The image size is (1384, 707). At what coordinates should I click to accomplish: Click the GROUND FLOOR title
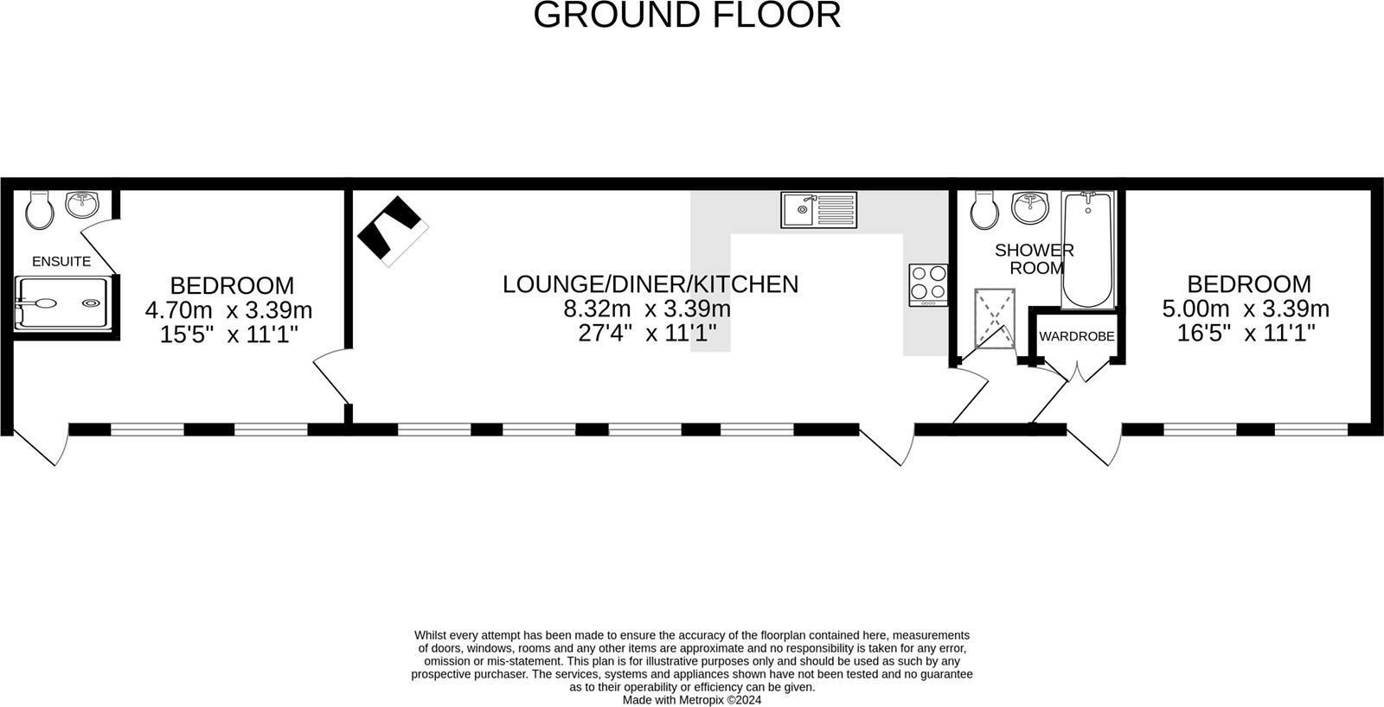coord(687,16)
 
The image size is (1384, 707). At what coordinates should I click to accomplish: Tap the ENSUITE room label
coord(61,261)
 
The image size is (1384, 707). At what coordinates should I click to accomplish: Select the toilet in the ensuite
coord(38,209)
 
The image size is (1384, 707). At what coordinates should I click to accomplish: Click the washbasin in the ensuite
coord(82,205)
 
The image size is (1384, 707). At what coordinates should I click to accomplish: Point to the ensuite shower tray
coord(61,303)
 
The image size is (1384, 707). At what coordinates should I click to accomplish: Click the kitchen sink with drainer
coord(818,209)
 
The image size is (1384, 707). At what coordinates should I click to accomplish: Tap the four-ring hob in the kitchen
coord(928,284)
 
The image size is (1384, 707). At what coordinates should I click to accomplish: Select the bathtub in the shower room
coord(1087,250)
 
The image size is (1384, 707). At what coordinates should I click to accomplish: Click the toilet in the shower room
coord(984,209)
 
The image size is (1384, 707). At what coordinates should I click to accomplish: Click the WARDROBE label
coord(1077,336)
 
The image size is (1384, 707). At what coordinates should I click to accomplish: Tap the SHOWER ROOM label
coord(1035,258)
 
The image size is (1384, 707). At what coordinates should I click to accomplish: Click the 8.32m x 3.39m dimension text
coord(647,309)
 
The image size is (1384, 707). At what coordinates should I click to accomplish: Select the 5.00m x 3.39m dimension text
coord(1246,309)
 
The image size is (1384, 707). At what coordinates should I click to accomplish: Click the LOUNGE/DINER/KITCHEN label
coord(650,283)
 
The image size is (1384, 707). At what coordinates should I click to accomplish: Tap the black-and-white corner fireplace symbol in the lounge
coord(394,231)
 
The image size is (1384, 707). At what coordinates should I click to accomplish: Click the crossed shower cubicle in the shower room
coord(995,318)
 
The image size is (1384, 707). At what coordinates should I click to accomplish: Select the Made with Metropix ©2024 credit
coord(692,700)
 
